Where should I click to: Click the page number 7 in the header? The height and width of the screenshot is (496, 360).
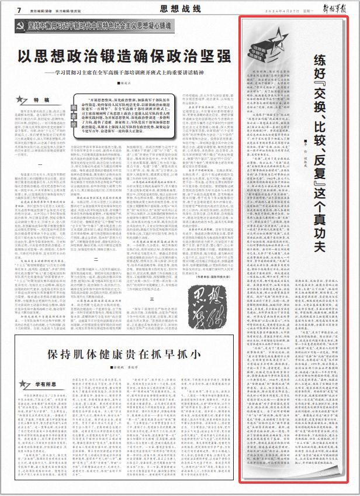pyautogui.click(x=19, y=10)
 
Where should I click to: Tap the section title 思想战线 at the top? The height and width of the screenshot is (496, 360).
pyautogui.click(x=181, y=8)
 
